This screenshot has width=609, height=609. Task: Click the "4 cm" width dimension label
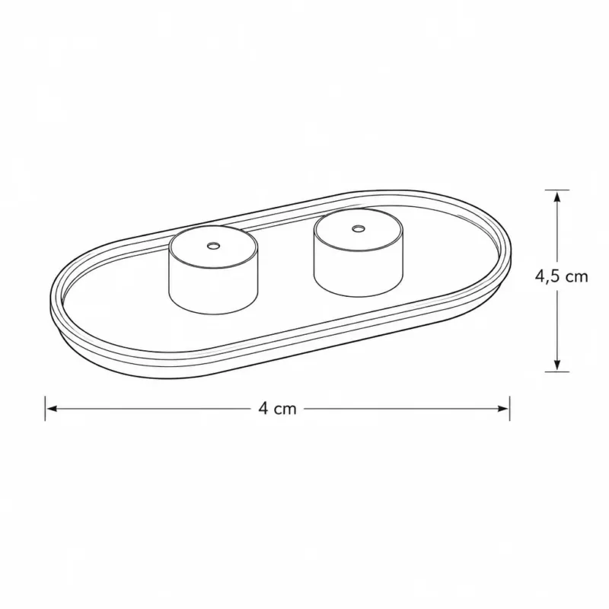click(277, 409)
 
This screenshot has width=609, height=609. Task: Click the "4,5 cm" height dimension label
click(561, 276)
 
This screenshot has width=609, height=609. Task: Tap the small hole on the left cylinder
click(213, 245)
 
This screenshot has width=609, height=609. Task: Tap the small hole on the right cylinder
click(358, 228)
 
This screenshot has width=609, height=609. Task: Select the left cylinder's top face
click(213, 247)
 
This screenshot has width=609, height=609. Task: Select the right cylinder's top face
click(358, 229)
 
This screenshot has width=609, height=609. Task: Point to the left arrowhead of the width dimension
click(52, 409)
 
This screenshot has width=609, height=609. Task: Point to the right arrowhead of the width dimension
click(503, 409)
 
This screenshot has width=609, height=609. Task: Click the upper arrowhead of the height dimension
click(557, 197)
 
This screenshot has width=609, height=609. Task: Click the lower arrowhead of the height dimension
click(557, 365)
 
